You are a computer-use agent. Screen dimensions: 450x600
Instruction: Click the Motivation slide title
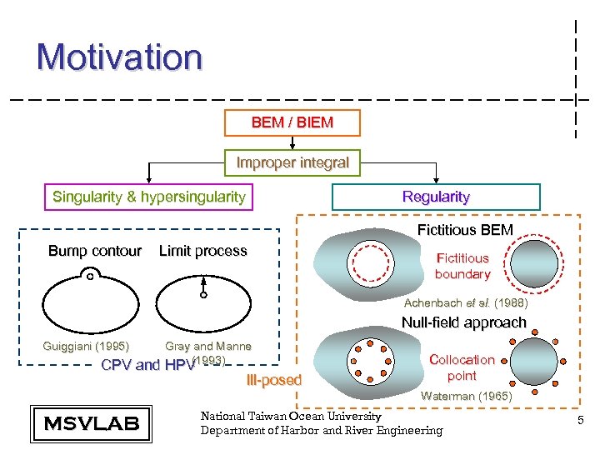coord(119,57)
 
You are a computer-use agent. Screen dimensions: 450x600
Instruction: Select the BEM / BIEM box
coord(292,122)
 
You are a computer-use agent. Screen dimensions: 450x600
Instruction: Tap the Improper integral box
coord(292,162)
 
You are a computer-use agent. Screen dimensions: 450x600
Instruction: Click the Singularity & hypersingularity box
coord(149,197)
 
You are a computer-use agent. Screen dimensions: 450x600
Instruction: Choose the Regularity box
coord(436,197)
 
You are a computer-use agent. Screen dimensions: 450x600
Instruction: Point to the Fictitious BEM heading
coord(465,229)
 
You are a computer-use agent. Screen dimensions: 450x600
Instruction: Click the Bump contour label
coord(95,251)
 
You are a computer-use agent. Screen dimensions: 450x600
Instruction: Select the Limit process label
coord(202,251)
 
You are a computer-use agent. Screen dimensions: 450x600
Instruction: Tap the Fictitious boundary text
coord(462,266)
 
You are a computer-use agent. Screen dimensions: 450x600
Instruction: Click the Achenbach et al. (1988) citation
coord(466,303)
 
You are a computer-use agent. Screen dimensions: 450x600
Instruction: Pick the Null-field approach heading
coord(464,322)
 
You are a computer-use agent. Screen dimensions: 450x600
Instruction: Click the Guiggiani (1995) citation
coord(86,346)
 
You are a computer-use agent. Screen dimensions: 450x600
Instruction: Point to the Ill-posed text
coord(274,381)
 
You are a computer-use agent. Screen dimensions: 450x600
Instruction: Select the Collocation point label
coord(462,367)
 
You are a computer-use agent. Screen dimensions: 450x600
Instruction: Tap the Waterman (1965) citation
coord(466,397)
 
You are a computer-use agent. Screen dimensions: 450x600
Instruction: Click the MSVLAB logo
coord(91,423)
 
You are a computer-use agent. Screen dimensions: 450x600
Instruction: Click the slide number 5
coord(580,423)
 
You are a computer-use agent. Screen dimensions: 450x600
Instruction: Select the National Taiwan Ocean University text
coord(291,416)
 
